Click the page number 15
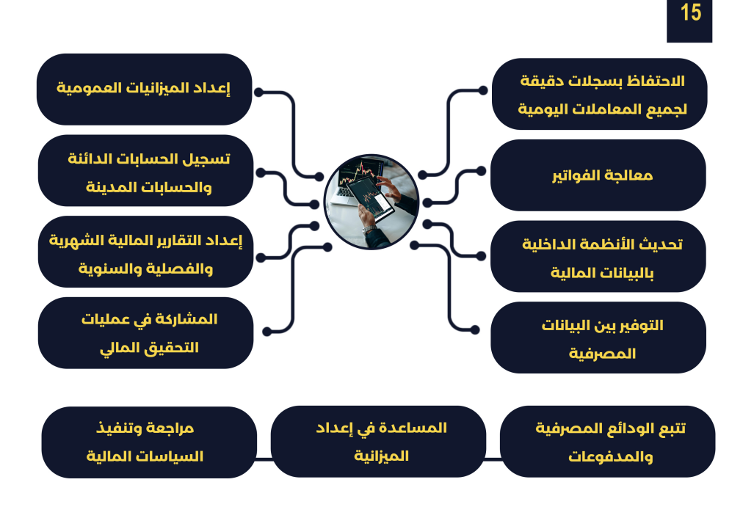690,12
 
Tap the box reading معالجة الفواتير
598,175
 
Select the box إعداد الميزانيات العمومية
145,90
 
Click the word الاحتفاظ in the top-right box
656,81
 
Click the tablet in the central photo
370,198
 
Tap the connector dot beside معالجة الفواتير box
481,170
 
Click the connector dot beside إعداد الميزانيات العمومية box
259,92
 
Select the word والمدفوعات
610,457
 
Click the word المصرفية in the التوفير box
602,354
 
